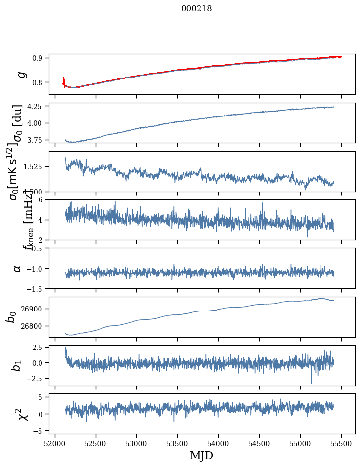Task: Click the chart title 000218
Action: point(197,8)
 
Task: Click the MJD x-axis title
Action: point(201,455)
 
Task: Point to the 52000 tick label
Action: point(55,443)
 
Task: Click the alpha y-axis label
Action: point(18,268)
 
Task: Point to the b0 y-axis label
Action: point(11,317)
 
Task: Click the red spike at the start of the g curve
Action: point(64,80)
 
